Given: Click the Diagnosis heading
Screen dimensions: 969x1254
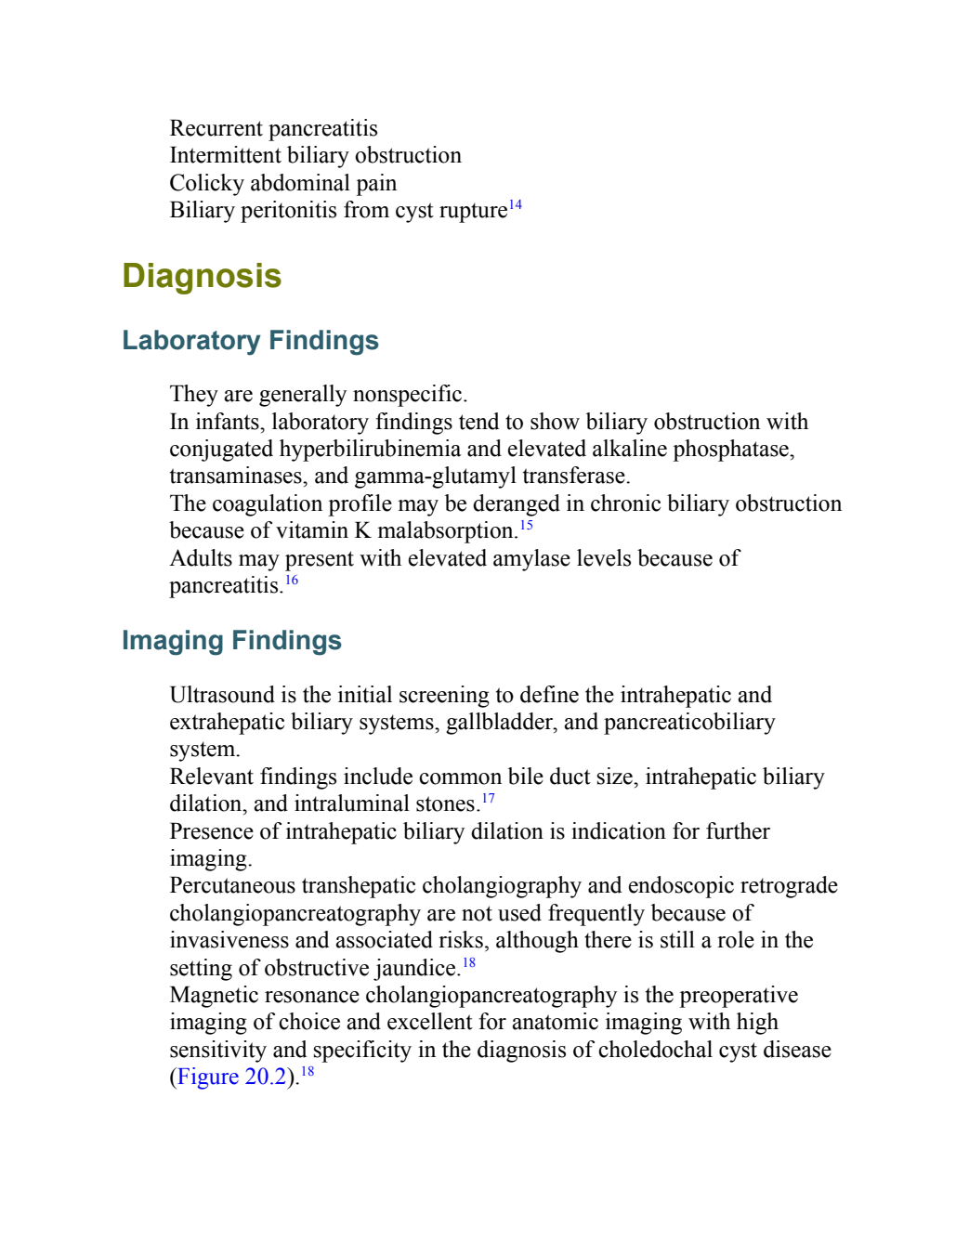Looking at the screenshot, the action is tap(202, 276).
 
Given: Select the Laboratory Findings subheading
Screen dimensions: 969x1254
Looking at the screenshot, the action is tap(250, 340).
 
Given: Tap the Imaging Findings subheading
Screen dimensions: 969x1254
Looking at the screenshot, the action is tap(231, 641).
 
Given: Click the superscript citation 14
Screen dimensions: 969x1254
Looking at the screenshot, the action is tap(515, 205).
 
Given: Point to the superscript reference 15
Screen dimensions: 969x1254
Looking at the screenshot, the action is tap(527, 525).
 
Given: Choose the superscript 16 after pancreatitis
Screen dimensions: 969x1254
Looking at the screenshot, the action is tap(292, 580).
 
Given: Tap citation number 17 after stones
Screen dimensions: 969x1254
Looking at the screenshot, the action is tap(489, 798).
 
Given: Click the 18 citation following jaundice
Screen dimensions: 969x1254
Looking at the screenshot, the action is tap(468, 962).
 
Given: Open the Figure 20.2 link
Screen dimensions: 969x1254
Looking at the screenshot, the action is tap(231, 1077).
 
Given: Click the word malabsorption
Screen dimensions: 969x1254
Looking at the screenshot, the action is tap(448, 531).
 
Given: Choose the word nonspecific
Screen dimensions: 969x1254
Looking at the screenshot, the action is tap(410, 395).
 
